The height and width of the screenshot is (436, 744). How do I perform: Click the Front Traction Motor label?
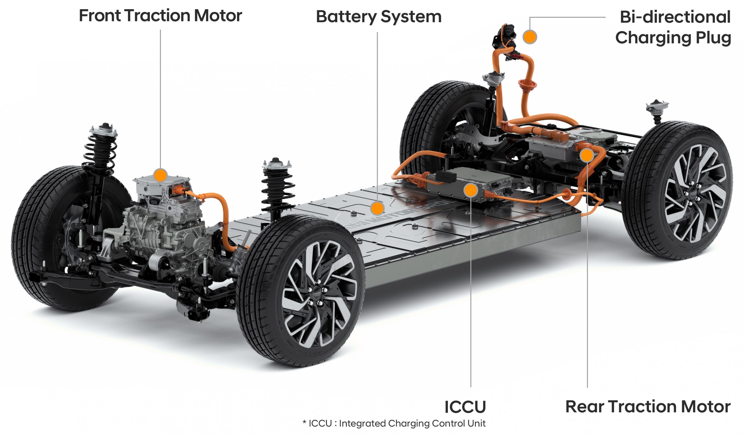(160, 16)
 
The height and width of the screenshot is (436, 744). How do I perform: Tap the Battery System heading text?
(379, 16)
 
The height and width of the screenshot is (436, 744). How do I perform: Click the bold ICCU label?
(465, 407)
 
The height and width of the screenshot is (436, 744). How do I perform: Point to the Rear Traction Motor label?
(648, 407)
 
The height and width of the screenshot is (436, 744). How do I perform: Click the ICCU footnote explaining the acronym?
(394, 424)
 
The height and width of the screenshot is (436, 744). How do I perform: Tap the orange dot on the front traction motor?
(160, 175)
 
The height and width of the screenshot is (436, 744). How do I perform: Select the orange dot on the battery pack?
(377, 208)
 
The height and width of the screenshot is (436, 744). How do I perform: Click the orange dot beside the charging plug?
(530, 37)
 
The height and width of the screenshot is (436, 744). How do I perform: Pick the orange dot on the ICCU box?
(471, 190)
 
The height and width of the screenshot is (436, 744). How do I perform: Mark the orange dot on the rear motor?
(587, 155)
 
